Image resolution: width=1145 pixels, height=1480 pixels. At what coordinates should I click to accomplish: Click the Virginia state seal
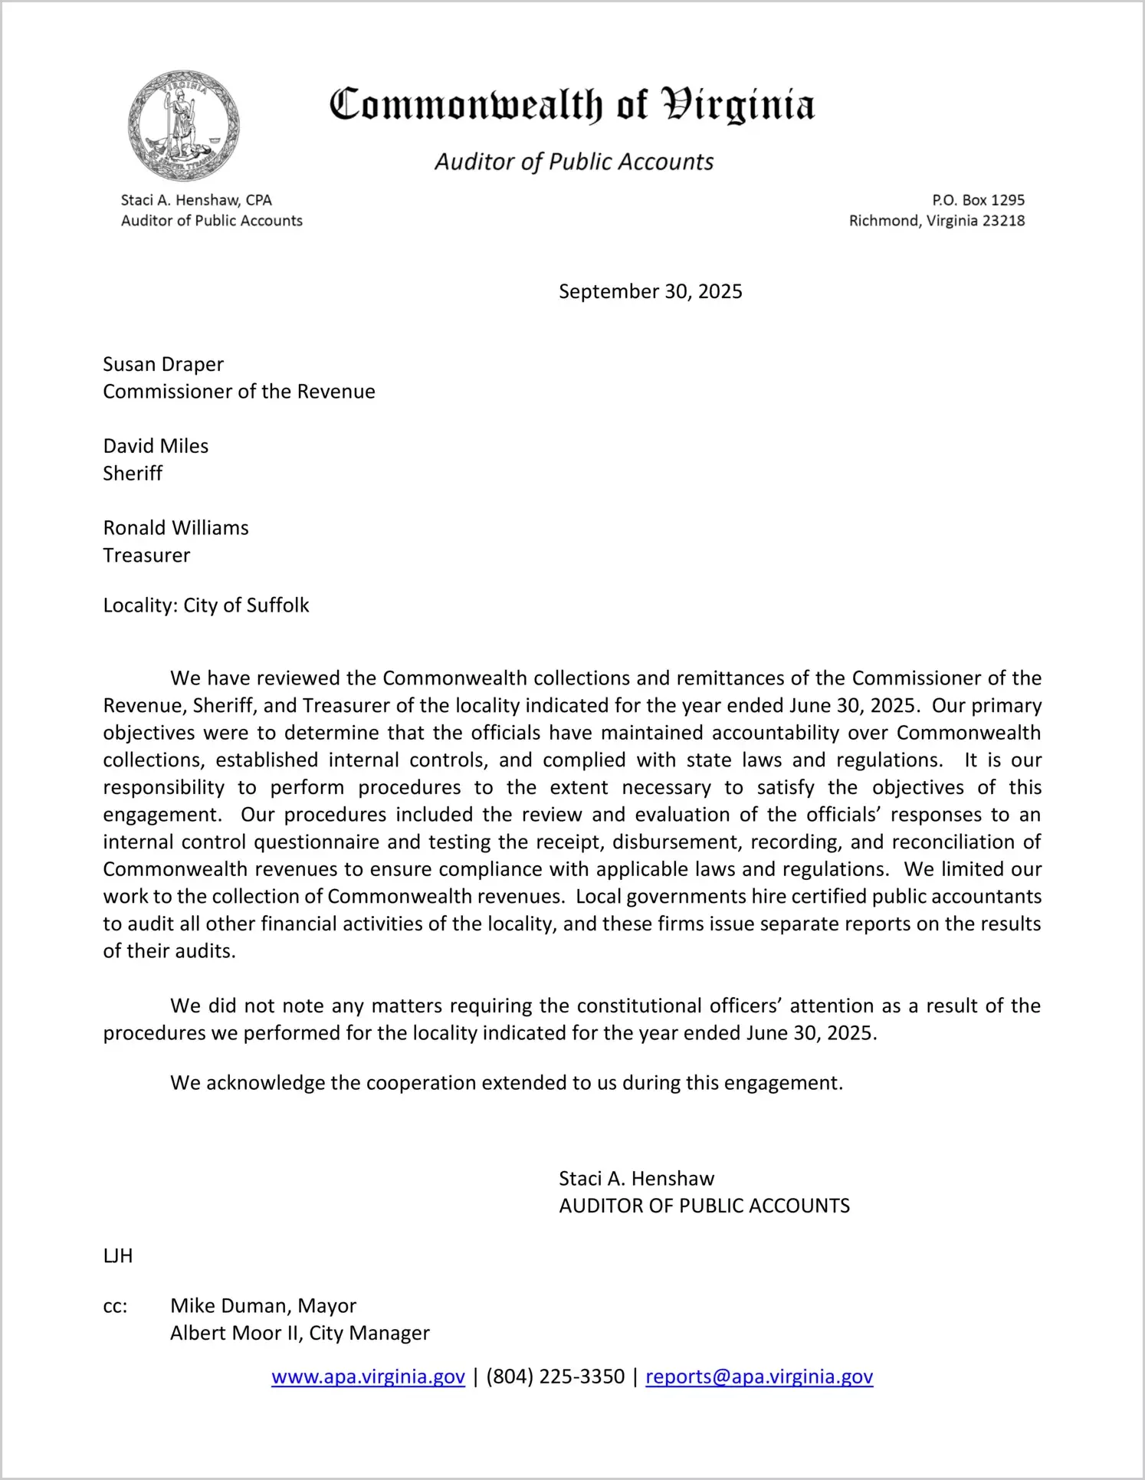tap(183, 126)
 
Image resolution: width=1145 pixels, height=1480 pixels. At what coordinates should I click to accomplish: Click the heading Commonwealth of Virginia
tap(572, 104)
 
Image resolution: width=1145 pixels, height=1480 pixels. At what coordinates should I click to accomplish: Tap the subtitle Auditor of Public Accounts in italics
tap(574, 162)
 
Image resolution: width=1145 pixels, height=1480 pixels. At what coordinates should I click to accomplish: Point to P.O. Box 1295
tap(978, 200)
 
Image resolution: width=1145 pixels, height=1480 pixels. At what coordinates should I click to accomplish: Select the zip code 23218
tap(1003, 221)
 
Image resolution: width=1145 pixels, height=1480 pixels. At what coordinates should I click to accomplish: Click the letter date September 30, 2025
tap(650, 291)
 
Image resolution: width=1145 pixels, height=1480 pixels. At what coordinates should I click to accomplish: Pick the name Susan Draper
tap(163, 364)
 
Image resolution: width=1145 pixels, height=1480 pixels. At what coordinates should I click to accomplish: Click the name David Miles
tap(156, 446)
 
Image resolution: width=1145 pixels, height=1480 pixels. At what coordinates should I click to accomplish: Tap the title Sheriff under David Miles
tap(133, 474)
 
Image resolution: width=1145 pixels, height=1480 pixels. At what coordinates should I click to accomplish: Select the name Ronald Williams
tap(176, 528)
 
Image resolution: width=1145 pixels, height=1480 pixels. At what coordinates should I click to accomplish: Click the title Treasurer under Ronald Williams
tap(146, 555)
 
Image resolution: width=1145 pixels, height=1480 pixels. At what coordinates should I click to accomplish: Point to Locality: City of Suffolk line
tap(206, 605)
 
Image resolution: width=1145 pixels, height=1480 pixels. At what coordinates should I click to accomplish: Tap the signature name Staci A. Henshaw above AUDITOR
tap(636, 1179)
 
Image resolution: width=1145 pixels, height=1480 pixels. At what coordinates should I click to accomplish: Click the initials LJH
tap(118, 1255)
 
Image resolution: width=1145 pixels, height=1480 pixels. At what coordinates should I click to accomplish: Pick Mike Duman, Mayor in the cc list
tap(263, 1306)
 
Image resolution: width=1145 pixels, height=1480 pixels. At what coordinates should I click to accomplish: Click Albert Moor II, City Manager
tap(300, 1334)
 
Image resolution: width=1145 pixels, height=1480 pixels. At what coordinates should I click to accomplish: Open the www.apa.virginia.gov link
tap(368, 1377)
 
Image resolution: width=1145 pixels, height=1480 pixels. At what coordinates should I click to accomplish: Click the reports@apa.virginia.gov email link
tap(759, 1377)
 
